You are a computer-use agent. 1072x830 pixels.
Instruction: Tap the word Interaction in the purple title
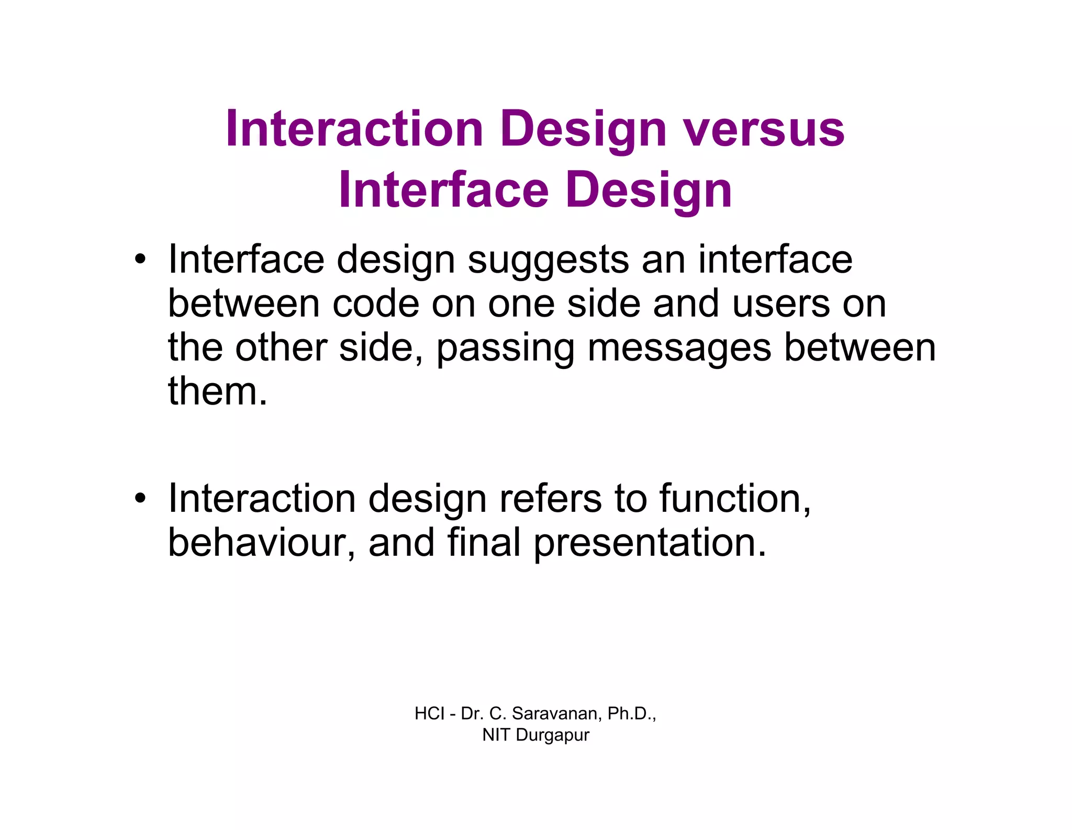[x=354, y=129]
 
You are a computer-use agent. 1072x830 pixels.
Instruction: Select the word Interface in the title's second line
[x=443, y=190]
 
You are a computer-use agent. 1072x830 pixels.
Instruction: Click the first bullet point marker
[x=140, y=259]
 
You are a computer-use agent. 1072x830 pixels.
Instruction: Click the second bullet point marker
[x=140, y=498]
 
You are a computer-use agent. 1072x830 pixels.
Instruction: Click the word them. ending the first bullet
[x=217, y=391]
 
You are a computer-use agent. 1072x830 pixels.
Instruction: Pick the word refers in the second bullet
[x=551, y=498]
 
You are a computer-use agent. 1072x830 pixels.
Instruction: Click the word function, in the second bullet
[x=735, y=498]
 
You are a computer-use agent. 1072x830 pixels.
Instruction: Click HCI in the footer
[x=429, y=713]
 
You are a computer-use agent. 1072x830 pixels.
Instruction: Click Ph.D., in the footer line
[x=632, y=713]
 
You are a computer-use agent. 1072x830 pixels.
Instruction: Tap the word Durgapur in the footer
[x=552, y=735]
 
